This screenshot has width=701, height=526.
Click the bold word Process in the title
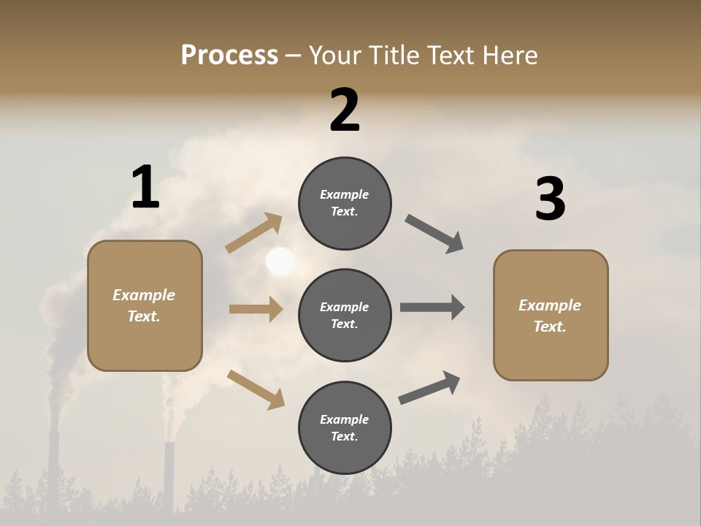229,55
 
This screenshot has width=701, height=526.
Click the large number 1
145,187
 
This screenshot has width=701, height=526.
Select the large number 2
345,110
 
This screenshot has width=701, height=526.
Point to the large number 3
550,199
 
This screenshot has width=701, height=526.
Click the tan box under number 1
145,305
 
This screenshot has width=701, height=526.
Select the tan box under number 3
551,315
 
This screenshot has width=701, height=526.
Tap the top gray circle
345,203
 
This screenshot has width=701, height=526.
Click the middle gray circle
345,315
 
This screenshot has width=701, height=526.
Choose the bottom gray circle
345,427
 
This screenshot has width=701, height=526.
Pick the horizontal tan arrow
256,309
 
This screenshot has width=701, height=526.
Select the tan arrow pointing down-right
256,389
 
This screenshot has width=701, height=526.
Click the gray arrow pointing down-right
434,234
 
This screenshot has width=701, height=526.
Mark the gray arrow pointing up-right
429,387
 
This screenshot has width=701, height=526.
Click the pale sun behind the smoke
280,261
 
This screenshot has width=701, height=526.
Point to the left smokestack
53,468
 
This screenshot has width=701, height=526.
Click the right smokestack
169,475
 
